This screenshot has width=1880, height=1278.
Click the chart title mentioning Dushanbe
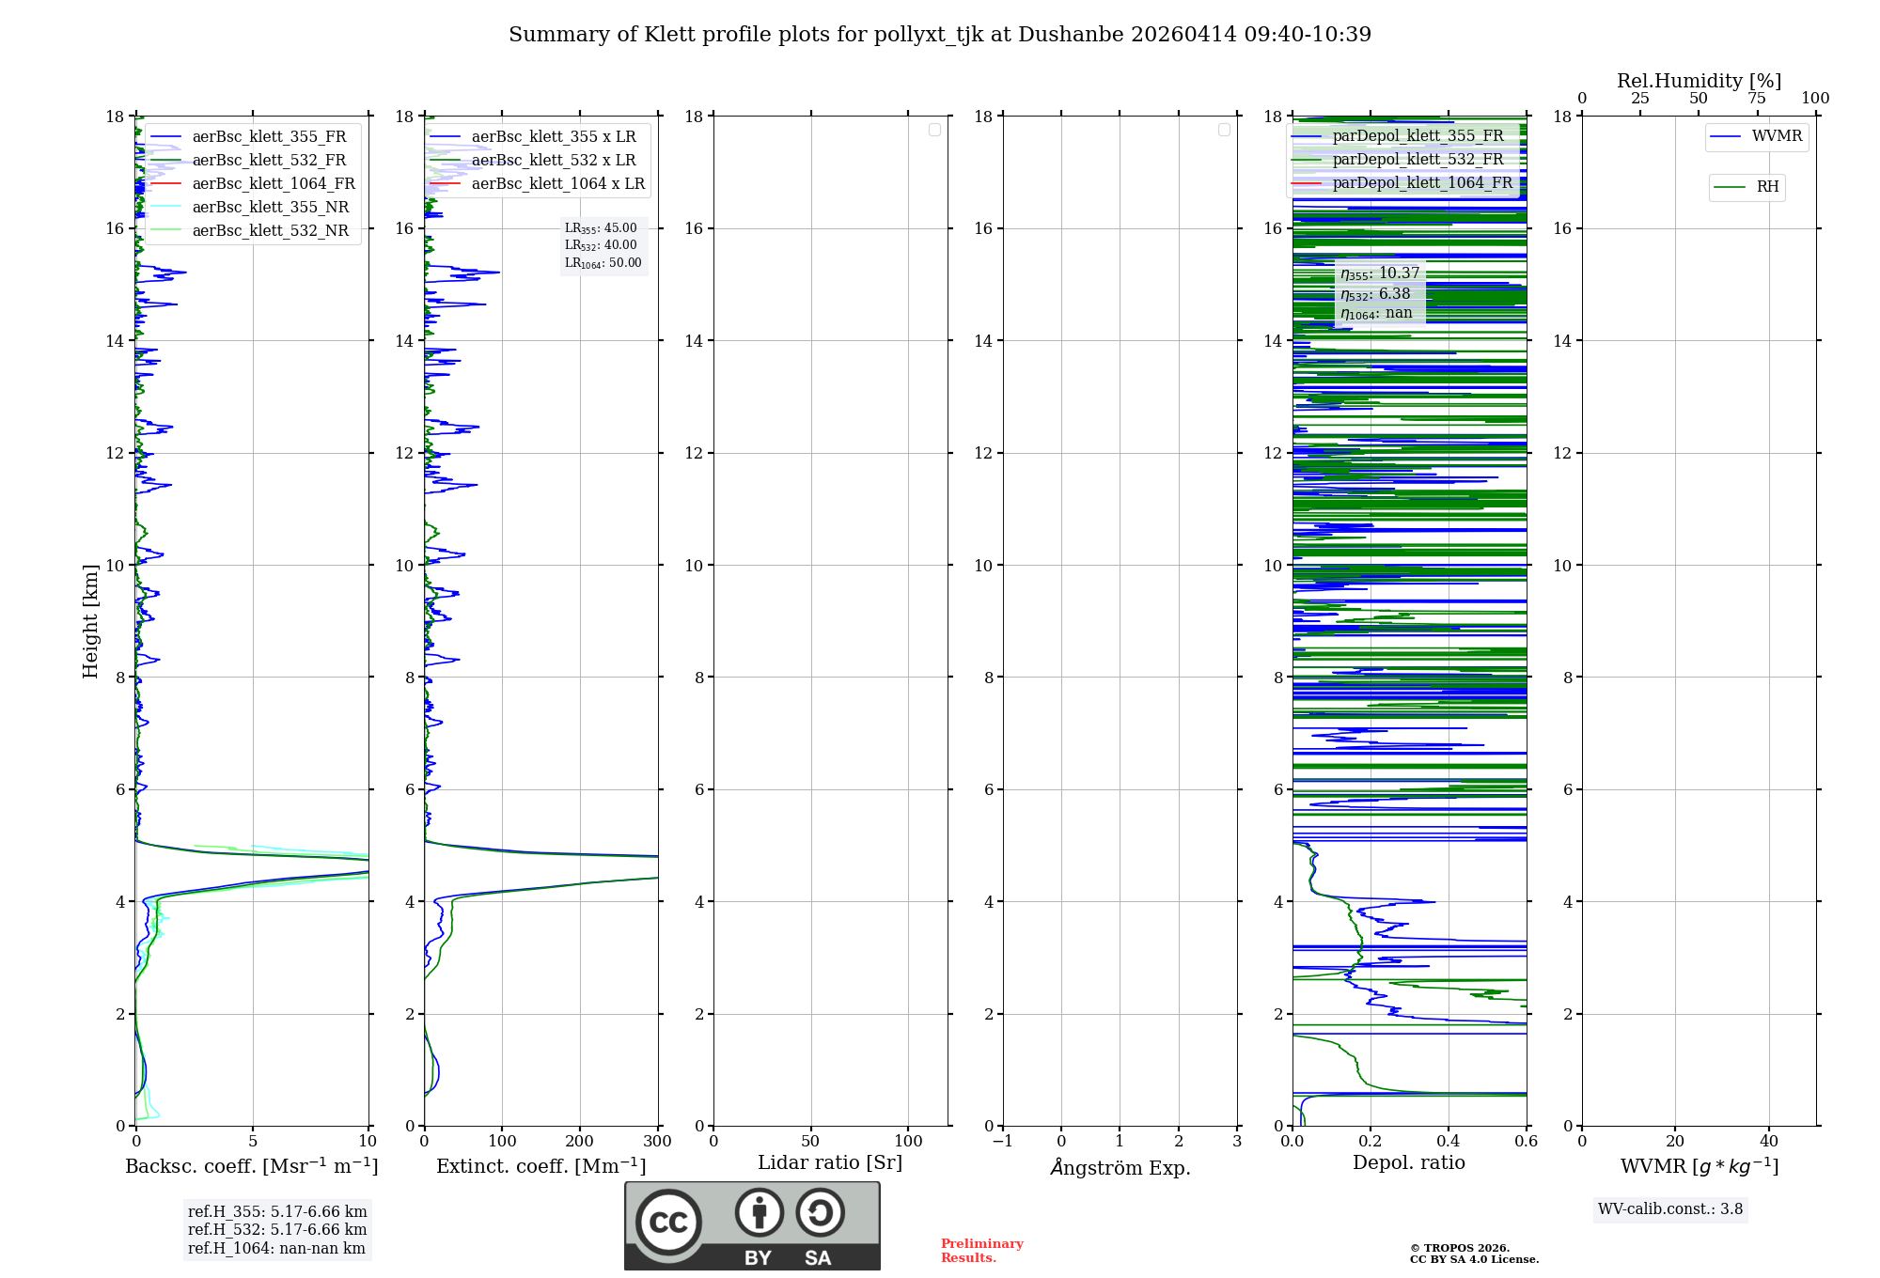pyautogui.click(x=940, y=35)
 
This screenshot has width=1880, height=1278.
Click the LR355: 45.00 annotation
pyautogui.click(x=601, y=228)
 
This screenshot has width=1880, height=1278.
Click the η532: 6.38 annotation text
pyautogui.click(x=1375, y=294)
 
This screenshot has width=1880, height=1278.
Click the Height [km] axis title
pyautogui.click(x=90, y=621)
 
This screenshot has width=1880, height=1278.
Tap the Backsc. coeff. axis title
pyautogui.click(x=252, y=1166)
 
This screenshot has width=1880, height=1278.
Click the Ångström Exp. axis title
pyautogui.click(x=1120, y=1167)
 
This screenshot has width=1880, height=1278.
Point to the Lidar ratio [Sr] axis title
pyautogui.click(x=830, y=1163)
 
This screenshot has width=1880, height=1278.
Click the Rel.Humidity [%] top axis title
pyautogui.click(x=1699, y=81)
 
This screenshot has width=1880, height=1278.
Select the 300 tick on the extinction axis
pyautogui.click(x=657, y=1142)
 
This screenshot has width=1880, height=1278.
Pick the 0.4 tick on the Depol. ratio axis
pyautogui.click(x=1449, y=1142)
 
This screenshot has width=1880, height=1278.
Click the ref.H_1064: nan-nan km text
pyautogui.click(x=276, y=1249)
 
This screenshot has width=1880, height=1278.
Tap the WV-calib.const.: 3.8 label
pyautogui.click(x=1669, y=1209)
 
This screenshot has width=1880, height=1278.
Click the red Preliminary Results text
pyautogui.click(x=981, y=1251)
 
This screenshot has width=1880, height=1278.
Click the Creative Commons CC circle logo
pyautogui.click(x=668, y=1223)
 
